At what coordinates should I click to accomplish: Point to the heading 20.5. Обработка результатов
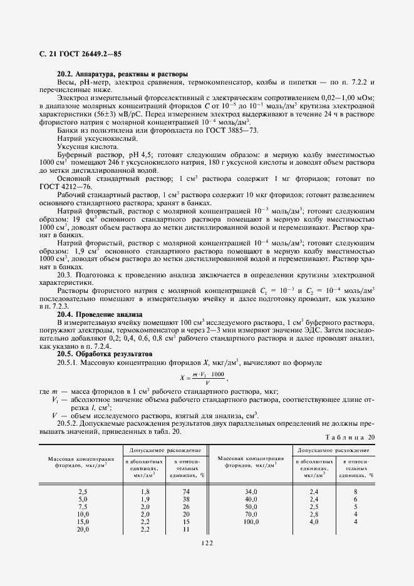[103, 354]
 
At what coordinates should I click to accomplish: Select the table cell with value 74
[185, 492]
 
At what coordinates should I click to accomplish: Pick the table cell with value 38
[185, 500]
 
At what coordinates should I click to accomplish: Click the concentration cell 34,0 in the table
[252, 492]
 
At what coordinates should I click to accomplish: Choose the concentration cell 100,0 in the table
[252, 522]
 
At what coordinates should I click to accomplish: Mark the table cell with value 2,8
[314, 514]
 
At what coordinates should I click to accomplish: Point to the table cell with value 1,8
[145, 492]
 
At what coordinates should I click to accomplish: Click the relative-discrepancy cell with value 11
[185, 529]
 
